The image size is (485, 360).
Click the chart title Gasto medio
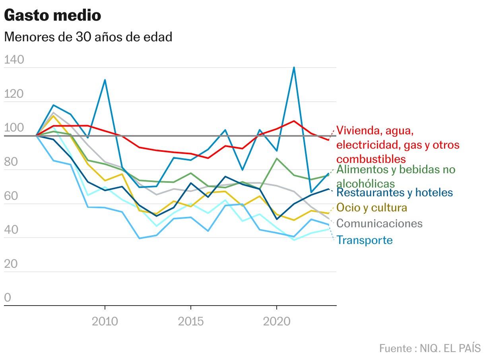coord(52,15)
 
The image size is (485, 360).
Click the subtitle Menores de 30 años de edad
coord(88,37)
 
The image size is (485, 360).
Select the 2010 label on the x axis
coord(105,321)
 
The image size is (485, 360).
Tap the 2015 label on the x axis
coord(191,321)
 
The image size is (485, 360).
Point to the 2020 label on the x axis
coord(277,321)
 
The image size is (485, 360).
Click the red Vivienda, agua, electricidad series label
coord(398,145)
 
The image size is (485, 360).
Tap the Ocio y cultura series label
coord(372,208)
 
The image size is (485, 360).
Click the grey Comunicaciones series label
coord(379,223)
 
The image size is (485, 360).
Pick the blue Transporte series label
coord(365,240)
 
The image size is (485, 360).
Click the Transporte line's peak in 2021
coord(294,68)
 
